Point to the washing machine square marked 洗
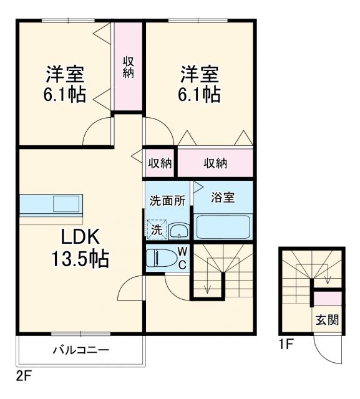pyautogui.click(x=157, y=229)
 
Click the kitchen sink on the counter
pyautogui.click(x=67, y=203)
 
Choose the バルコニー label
pyautogui.click(x=80, y=350)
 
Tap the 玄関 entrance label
pyautogui.click(x=326, y=320)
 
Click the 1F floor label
pyautogui.click(x=286, y=342)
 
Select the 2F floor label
pyautogui.click(x=23, y=377)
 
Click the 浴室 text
pyautogui.click(x=223, y=198)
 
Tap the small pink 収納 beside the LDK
pyautogui.click(x=160, y=163)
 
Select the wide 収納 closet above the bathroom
pyautogui.click(x=215, y=163)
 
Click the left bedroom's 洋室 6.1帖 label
pyautogui.click(x=65, y=84)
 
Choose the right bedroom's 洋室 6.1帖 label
pyautogui.click(x=200, y=84)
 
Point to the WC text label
pyautogui.click(x=182, y=257)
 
